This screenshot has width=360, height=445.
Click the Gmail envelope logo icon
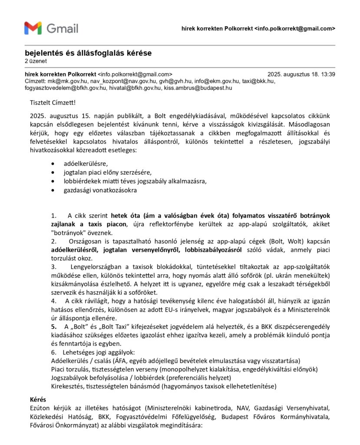(x=33, y=28)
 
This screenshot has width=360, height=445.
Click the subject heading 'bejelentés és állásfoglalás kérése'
(x=88, y=53)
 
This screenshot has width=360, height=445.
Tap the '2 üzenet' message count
(x=36, y=61)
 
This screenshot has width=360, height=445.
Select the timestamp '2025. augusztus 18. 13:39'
(x=301, y=74)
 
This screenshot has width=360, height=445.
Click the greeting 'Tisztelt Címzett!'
(x=53, y=103)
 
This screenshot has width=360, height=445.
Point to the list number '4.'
(x=53, y=300)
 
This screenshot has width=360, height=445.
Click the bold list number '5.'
(x=54, y=327)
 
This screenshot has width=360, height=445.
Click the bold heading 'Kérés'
(x=38, y=399)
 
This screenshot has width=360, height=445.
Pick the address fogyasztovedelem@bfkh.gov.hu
(x=66, y=88)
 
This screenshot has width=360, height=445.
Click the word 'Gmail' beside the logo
(x=63, y=29)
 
